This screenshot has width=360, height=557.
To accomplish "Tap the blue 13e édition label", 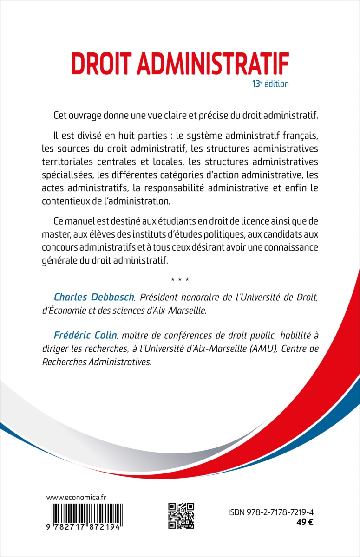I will pyautogui.click(x=270, y=84).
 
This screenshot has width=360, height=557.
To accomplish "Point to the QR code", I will pyautogui.click(x=181, y=516).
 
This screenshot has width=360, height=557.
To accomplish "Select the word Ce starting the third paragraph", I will pyautogui.click(x=60, y=220).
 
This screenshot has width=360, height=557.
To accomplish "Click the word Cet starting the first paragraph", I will pyautogui.click(x=61, y=115).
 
